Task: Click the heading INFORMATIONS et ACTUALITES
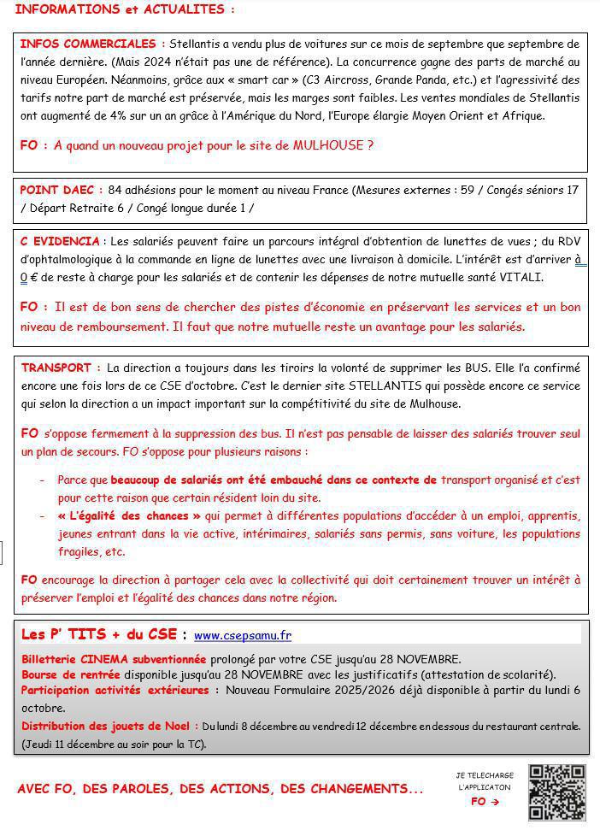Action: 125,9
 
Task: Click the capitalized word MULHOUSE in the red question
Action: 328,145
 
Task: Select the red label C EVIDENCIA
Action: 59,242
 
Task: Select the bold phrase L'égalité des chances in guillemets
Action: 129,515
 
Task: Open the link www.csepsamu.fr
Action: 243,635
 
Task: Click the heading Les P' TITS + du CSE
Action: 98,634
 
